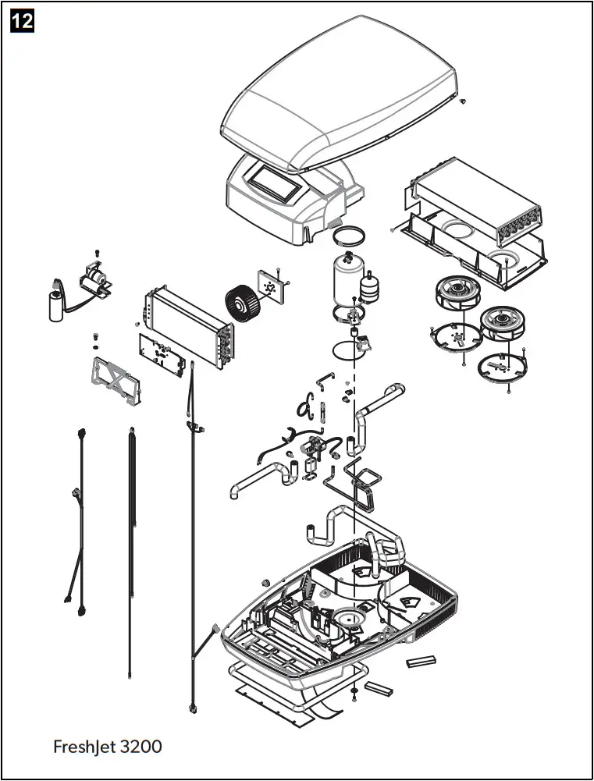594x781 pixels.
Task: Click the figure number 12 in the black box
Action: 23,20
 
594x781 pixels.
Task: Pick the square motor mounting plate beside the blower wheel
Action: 272,286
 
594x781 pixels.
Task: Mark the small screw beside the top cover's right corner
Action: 464,101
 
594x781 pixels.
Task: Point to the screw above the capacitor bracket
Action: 96,254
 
